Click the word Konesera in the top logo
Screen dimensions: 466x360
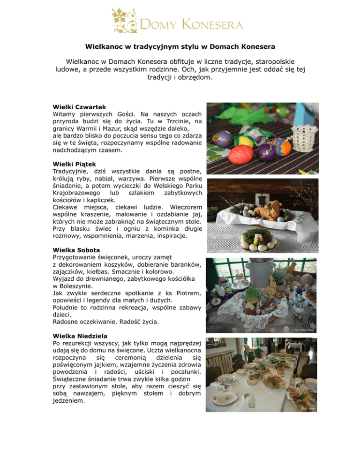[219, 24]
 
